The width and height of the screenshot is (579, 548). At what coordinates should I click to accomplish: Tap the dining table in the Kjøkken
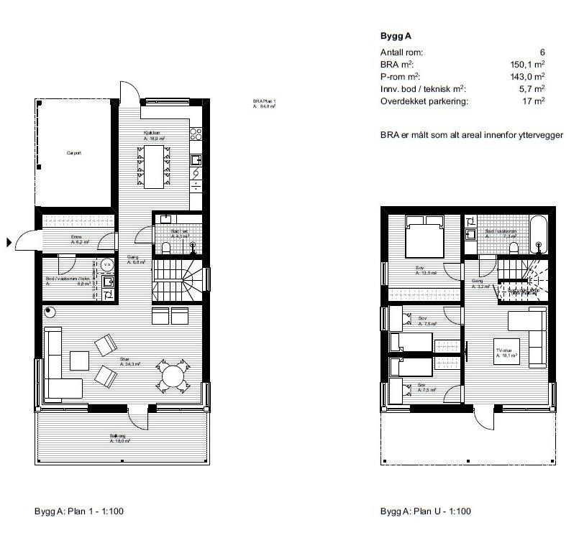(155, 165)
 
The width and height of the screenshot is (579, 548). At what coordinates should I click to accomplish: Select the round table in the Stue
(173, 375)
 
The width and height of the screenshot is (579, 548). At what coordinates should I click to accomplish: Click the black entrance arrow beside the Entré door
(9, 243)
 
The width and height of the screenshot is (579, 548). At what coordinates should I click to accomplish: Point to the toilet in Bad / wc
(166, 247)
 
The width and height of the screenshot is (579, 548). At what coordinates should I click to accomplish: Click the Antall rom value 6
(542, 52)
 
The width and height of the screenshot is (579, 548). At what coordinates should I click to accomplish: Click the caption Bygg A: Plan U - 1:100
(426, 511)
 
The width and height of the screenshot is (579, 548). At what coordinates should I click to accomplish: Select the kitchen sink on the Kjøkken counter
(196, 159)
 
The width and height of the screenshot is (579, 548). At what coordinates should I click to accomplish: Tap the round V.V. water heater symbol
(106, 264)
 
